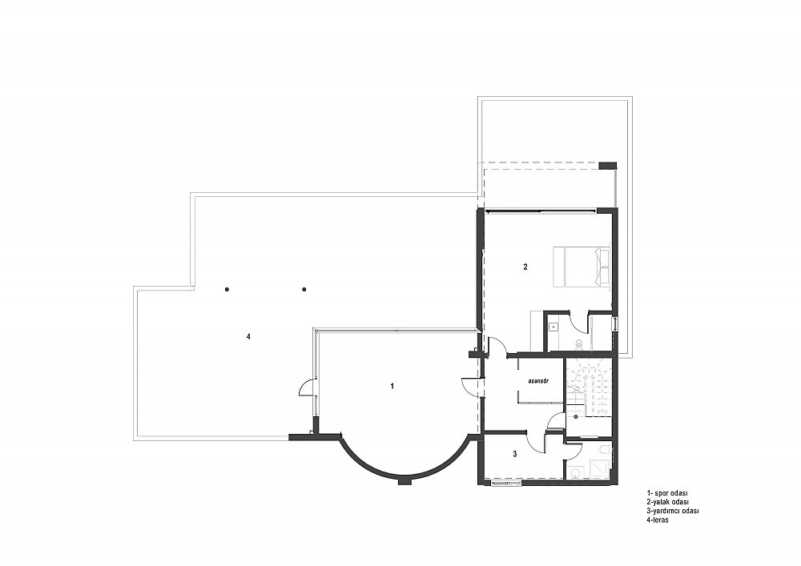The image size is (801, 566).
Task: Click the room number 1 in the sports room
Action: point(392,386)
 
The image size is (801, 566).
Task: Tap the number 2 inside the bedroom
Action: point(525,267)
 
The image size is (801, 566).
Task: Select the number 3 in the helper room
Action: point(515,453)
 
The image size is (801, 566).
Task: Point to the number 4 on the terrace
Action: point(248,336)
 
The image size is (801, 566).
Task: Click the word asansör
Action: point(538,381)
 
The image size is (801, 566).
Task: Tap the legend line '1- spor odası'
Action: point(667,493)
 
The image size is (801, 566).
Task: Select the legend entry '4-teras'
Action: point(658,520)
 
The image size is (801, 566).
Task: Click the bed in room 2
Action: point(582,267)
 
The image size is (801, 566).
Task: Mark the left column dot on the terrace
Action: point(227,289)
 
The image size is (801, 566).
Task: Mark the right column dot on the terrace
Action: point(304,289)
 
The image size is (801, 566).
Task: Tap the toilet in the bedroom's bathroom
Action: point(579,343)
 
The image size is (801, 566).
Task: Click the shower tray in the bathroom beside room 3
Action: point(598,468)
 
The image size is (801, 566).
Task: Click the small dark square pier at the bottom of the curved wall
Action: point(405,481)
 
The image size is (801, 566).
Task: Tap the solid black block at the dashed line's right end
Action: point(608,166)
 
